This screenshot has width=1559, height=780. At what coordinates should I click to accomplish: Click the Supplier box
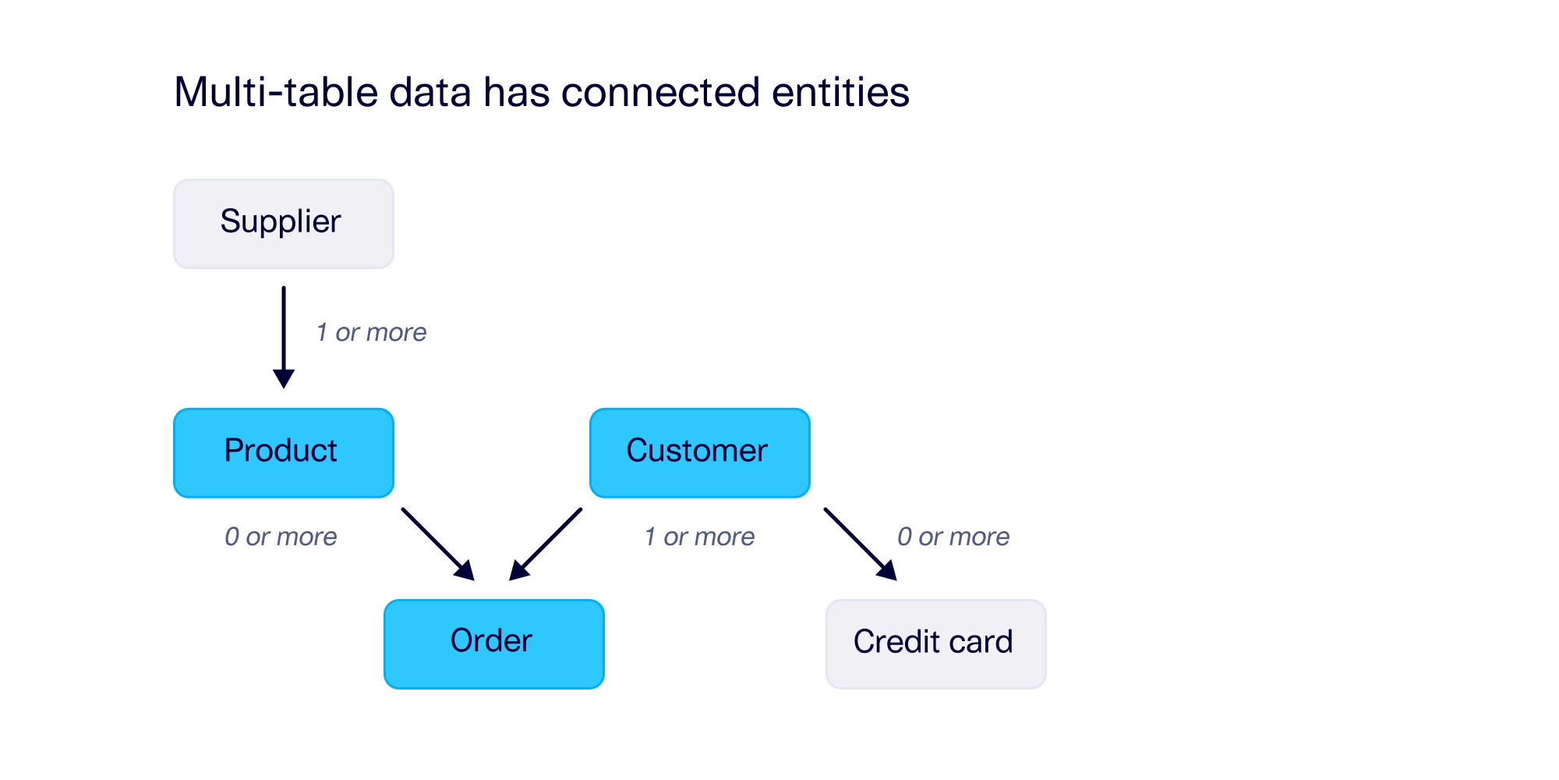[283, 224]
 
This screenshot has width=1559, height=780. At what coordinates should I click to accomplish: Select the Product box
[283, 452]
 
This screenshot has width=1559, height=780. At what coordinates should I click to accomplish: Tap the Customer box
[699, 452]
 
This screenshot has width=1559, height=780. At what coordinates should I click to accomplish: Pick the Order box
[493, 643]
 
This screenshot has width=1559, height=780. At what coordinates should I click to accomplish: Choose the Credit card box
[935, 643]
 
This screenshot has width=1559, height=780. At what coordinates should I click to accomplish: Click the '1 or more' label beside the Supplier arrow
[371, 332]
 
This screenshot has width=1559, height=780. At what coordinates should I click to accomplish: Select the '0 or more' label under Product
[281, 537]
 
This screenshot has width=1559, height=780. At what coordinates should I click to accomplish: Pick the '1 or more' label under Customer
[699, 537]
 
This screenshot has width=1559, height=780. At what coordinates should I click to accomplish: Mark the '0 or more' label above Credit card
[953, 537]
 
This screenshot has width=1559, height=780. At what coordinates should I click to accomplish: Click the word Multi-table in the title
[276, 92]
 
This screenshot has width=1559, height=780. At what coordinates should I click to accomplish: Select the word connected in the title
[660, 92]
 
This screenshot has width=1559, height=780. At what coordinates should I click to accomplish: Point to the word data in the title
[430, 92]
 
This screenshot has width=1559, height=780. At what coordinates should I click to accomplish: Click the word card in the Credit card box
[980, 642]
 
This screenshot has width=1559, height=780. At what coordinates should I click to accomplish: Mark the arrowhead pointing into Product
[284, 379]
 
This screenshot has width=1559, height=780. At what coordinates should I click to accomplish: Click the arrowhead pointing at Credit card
[888, 572]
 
